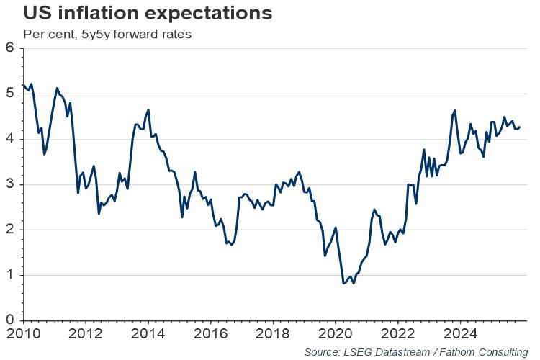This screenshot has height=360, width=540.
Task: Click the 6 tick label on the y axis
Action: point(10,48)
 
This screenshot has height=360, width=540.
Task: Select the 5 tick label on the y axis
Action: point(10,94)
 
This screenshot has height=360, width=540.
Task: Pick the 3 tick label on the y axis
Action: point(10,184)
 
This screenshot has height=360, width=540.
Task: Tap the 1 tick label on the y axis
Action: point(10,275)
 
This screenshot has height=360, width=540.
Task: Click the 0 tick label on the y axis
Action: point(10,320)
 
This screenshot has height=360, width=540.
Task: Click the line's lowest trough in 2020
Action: point(344,284)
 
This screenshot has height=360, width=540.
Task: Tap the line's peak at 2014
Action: point(148,110)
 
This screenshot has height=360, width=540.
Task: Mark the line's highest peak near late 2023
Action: point(454,111)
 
